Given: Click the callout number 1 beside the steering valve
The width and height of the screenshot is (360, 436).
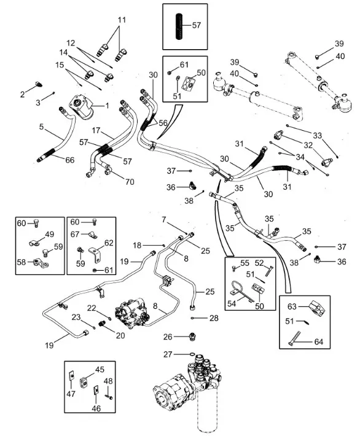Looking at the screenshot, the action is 107,106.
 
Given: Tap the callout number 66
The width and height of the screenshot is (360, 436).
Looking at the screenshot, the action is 70,160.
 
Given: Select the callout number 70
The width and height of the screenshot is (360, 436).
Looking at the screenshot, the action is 130,182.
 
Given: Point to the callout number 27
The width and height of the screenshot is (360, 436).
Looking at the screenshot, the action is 168,354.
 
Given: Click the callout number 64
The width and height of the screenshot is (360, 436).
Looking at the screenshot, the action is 319,341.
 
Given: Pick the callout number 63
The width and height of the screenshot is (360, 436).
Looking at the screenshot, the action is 292,306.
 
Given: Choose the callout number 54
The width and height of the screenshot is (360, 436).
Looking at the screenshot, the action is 232,303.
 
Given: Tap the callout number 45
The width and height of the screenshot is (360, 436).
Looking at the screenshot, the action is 100,370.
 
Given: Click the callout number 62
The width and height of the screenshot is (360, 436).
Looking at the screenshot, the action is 109,243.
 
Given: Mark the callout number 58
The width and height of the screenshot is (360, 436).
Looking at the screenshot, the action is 22,262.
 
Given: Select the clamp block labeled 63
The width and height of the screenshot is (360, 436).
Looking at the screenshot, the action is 316,309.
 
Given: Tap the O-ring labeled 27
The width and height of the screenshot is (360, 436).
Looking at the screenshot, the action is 192,354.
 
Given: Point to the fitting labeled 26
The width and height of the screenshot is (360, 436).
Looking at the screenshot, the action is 192,336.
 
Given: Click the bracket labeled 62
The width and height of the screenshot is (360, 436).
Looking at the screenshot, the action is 95,254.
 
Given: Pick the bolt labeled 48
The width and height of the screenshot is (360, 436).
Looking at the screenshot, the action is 109,397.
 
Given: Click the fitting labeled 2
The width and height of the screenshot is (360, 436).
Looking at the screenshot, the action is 39,84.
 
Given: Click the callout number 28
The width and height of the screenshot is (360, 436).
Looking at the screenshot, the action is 214,318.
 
